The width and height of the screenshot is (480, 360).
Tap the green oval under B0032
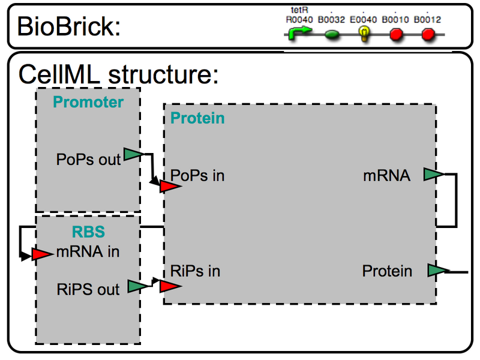point(332,35)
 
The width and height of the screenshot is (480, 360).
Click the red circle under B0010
point(396,35)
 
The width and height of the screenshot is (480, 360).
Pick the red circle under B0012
point(428,35)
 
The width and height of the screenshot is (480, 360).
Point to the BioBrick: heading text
point(69,27)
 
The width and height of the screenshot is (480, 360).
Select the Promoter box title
point(88,102)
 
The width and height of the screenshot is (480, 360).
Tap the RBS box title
point(88,232)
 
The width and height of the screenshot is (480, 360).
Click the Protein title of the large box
point(198,118)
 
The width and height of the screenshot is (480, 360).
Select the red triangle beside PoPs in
point(170,187)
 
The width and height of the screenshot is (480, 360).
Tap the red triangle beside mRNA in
point(42,254)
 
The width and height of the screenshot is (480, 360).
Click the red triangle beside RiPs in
point(170,286)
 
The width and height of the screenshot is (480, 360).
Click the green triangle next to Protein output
point(437,271)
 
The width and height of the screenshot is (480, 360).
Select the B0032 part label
point(331,20)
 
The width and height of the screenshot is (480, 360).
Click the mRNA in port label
point(88,251)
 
